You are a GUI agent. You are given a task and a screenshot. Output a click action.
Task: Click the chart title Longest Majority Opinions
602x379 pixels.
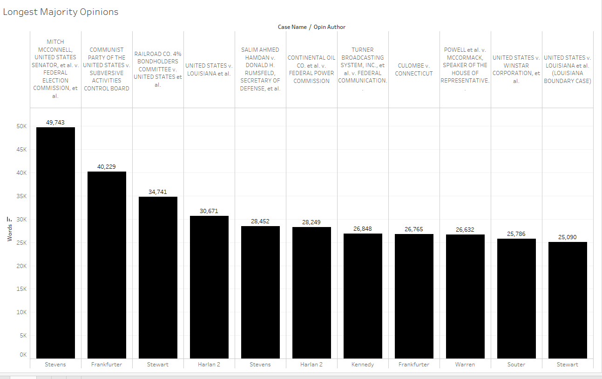[x=61, y=12]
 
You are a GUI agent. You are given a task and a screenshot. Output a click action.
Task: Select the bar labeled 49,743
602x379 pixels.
[x=55, y=242]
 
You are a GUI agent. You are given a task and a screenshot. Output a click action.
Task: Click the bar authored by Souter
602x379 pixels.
[x=516, y=298]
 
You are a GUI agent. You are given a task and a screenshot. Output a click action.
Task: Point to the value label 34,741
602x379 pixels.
[x=158, y=192]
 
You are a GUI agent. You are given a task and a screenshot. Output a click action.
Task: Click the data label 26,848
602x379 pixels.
[x=363, y=228]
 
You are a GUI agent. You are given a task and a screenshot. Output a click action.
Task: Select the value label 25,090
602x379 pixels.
[x=568, y=237]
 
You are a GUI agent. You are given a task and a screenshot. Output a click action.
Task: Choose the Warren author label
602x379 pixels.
[x=465, y=365]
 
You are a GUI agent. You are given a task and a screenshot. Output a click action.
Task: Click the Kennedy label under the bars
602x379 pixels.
[x=363, y=365]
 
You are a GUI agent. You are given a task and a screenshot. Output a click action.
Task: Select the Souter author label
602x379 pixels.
[x=516, y=365]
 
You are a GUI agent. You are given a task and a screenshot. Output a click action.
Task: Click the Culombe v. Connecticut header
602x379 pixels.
[x=414, y=69]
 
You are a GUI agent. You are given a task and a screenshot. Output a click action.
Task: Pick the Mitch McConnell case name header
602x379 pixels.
[x=55, y=69]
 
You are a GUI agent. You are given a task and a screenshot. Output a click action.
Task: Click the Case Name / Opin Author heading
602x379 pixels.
[x=311, y=27]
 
